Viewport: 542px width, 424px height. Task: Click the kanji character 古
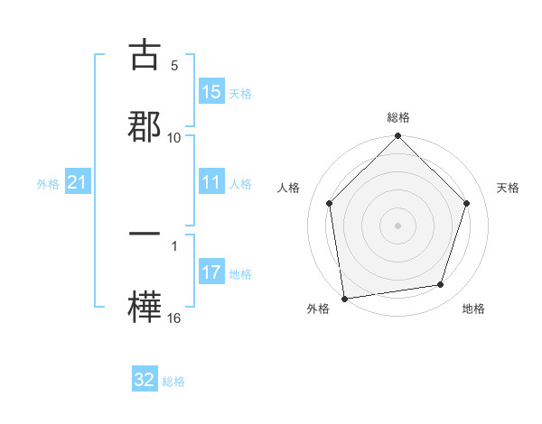click(x=145, y=55)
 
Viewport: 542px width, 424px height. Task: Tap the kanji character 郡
click(x=145, y=125)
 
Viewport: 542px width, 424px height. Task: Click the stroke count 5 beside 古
click(x=174, y=66)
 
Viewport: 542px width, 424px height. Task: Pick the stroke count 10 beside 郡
click(x=174, y=137)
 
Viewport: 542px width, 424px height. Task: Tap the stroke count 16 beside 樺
click(x=174, y=318)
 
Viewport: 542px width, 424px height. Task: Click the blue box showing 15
click(x=211, y=92)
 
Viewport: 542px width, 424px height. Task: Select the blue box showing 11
click(x=211, y=182)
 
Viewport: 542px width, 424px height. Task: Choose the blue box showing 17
click(x=211, y=272)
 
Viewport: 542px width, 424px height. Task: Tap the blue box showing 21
click(x=78, y=183)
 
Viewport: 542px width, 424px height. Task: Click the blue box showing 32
click(x=145, y=380)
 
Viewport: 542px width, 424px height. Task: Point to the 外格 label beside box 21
click(x=48, y=184)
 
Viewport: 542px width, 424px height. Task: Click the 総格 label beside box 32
click(x=174, y=382)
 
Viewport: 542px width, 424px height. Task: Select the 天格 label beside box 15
click(x=240, y=93)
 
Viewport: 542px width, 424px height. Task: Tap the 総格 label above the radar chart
click(x=398, y=117)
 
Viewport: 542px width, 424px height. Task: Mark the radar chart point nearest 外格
click(x=344, y=298)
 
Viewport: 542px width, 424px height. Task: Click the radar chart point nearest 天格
click(x=467, y=203)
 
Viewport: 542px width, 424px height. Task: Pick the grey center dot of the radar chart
click(x=397, y=225)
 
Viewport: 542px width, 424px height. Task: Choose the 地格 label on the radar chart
click(x=473, y=309)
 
